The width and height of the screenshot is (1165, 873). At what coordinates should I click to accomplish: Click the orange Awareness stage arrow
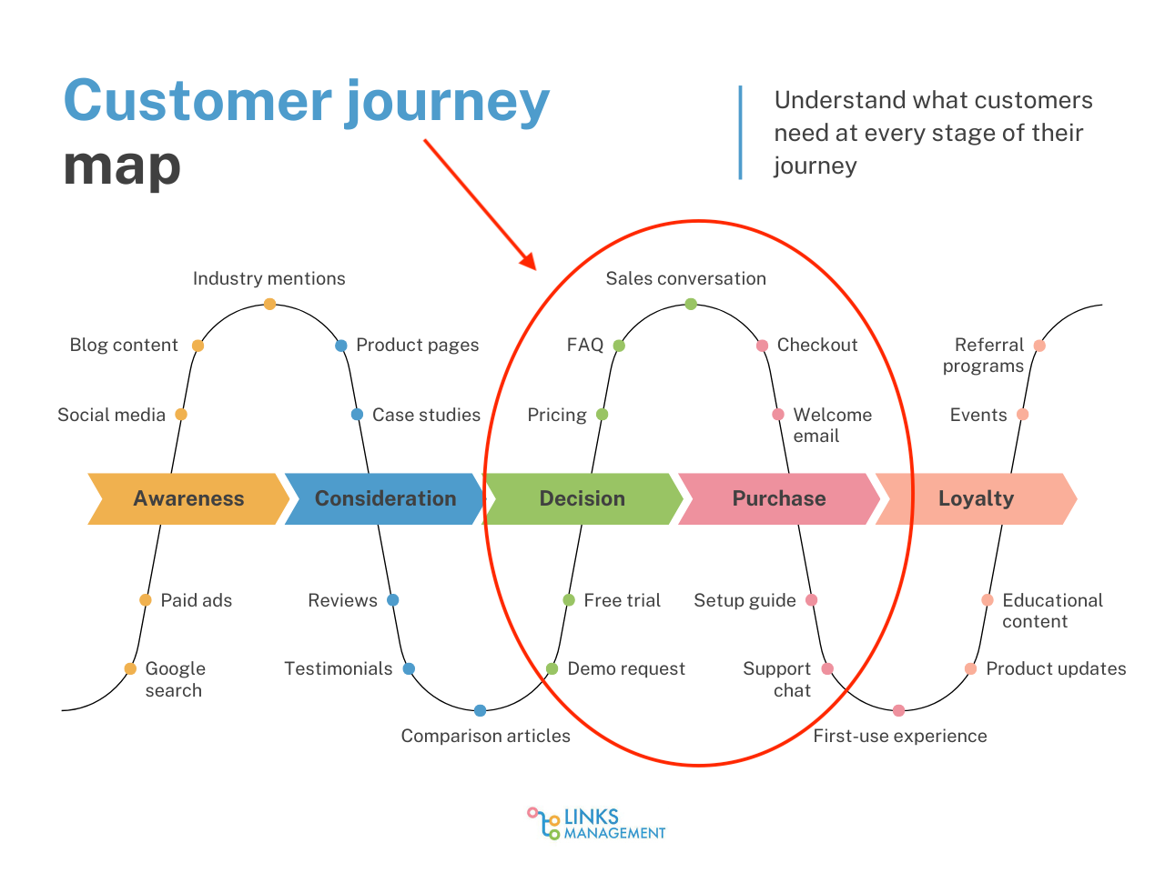[188, 498]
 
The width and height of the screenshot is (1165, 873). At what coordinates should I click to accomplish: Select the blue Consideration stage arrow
[385, 498]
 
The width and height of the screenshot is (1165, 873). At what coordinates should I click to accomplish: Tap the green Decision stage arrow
[582, 498]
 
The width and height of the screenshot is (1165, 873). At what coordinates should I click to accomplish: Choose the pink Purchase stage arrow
[779, 498]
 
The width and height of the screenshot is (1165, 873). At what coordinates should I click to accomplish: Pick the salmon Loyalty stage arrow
[976, 498]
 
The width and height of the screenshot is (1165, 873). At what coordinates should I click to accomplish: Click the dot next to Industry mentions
[269, 304]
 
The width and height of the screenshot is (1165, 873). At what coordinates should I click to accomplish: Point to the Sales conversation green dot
[691, 304]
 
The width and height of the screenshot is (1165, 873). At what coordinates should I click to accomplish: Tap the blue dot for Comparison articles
[480, 710]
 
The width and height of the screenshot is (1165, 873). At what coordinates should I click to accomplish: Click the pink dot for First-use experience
[898, 710]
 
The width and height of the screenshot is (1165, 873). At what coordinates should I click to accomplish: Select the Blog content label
[124, 346]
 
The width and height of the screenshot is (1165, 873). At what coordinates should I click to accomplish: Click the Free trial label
[622, 600]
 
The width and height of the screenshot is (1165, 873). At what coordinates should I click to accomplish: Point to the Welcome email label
[832, 425]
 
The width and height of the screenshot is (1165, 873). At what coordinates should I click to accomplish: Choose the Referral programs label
[984, 356]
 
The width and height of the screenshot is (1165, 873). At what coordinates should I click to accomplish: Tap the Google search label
[175, 679]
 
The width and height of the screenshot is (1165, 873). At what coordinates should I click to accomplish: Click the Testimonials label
[338, 669]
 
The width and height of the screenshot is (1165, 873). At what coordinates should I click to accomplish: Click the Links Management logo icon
[543, 823]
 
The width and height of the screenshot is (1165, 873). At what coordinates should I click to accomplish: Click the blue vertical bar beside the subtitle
[740, 133]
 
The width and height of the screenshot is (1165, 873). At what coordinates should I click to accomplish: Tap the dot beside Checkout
[763, 346]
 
